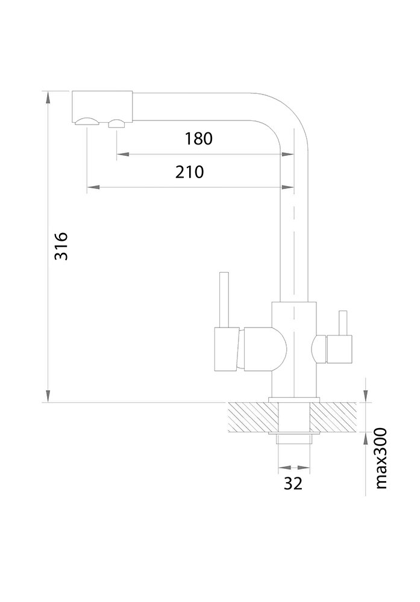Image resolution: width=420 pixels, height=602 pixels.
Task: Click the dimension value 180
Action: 199,139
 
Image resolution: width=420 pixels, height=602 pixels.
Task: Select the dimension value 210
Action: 190,172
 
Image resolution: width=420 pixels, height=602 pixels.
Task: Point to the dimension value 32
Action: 293,483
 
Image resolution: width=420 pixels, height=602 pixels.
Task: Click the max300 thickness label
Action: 380,459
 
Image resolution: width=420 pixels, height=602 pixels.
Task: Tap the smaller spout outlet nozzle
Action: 116,124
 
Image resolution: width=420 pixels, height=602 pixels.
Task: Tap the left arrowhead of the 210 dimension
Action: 92,188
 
